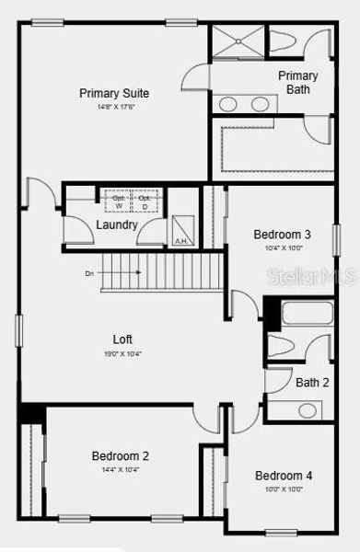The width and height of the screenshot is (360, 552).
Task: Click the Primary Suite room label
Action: [x=114, y=93]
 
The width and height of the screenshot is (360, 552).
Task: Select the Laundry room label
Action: [x=117, y=224]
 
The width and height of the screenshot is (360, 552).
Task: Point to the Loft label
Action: [x=123, y=338]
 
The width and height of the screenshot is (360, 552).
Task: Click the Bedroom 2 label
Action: [x=120, y=455]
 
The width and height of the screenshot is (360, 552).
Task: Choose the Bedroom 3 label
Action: [x=282, y=235]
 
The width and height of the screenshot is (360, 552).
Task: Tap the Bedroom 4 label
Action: [x=284, y=476]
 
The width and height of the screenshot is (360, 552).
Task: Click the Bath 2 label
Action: [x=312, y=382]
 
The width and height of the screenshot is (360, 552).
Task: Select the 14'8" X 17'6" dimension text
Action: [x=114, y=107]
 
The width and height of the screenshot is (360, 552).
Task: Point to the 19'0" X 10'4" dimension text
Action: [x=122, y=353]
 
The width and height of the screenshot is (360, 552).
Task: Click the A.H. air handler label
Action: [x=181, y=241]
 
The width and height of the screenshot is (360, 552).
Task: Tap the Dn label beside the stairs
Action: [x=89, y=273]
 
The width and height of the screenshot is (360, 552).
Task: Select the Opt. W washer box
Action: [x=118, y=201]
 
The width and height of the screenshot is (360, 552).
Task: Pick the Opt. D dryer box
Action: [x=144, y=201]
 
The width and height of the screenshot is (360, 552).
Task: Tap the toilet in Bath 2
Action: [x=283, y=346]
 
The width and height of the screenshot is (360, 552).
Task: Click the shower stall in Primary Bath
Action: [x=238, y=43]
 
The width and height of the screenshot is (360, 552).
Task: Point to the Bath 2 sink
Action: [x=308, y=409]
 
